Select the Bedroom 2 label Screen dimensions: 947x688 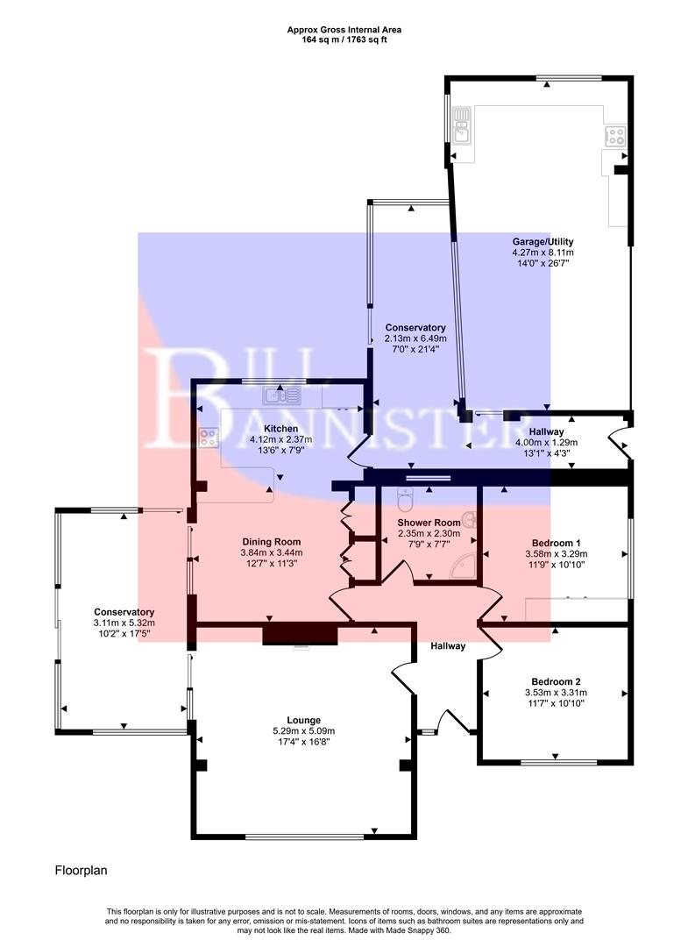pyautogui.click(x=556, y=681)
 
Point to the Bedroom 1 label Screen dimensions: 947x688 pyautogui.click(x=556, y=542)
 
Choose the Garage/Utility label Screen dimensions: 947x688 pyautogui.click(x=543, y=241)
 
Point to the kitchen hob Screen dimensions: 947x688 pyautogui.click(x=209, y=437)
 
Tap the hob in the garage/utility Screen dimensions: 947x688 pyautogui.click(x=615, y=136)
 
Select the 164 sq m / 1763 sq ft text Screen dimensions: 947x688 pyautogui.click(x=344, y=39)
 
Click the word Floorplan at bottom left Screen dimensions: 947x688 pyautogui.click(x=82, y=871)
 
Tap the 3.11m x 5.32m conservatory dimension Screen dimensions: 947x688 pyautogui.click(x=124, y=623)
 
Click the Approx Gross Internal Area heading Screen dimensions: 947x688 pyautogui.click(x=344, y=29)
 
